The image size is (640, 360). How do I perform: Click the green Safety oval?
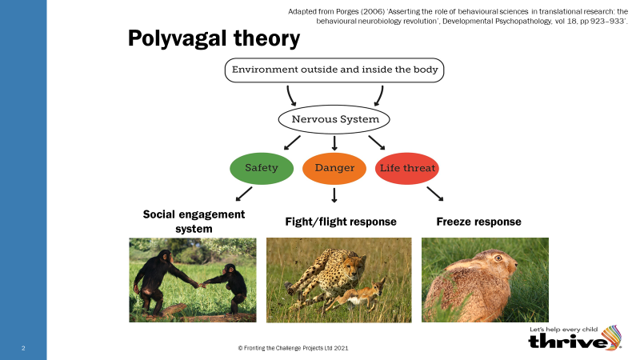point(262,168)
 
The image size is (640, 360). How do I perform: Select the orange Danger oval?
point(334,168)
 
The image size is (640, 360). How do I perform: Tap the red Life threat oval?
point(407,168)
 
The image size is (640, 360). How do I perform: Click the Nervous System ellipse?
point(334,119)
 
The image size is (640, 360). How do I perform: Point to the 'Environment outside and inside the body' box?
point(334,70)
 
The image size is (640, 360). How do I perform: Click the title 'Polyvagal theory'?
point(214,38)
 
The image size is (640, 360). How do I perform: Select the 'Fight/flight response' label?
point(341,222)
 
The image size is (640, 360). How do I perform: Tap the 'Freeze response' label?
point(478,222)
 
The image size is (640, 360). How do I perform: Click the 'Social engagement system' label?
point(194,222)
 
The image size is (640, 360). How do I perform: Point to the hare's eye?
point(498,258)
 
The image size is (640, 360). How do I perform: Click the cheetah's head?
point(353,266)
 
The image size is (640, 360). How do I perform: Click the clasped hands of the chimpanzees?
point(201,286)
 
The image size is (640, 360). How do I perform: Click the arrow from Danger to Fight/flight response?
point(334,195)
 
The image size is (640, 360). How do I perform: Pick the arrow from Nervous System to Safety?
point(292,142)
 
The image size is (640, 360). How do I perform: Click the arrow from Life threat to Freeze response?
point(435,194)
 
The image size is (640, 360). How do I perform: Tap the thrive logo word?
point(568,342)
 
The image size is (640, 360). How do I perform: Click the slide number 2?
point(23,348)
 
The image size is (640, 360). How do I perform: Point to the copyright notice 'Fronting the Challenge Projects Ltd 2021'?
point(293,348)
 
